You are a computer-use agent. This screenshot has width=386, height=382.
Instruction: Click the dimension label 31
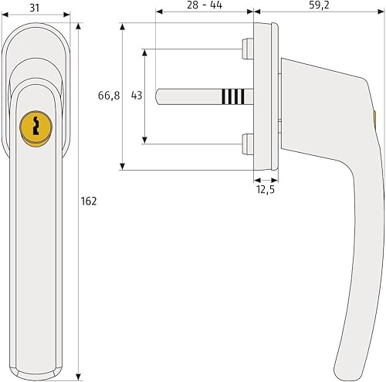tap(35, 8)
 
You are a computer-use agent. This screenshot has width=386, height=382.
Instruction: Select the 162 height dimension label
tap(89, 201)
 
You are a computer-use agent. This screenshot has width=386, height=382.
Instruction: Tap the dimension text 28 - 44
tap(205, 5)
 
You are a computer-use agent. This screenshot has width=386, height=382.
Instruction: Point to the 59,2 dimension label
tap(319, 5)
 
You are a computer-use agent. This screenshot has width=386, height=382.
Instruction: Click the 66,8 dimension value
tap(109, 96)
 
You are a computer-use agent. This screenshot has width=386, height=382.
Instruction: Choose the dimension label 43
tap(137, 96)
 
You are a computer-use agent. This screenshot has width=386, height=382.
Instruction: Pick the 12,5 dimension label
tap(266, 190)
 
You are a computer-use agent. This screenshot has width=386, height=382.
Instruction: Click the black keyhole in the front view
tap(36, 125)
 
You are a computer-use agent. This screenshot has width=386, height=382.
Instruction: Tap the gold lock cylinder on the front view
tap(36, 127)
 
